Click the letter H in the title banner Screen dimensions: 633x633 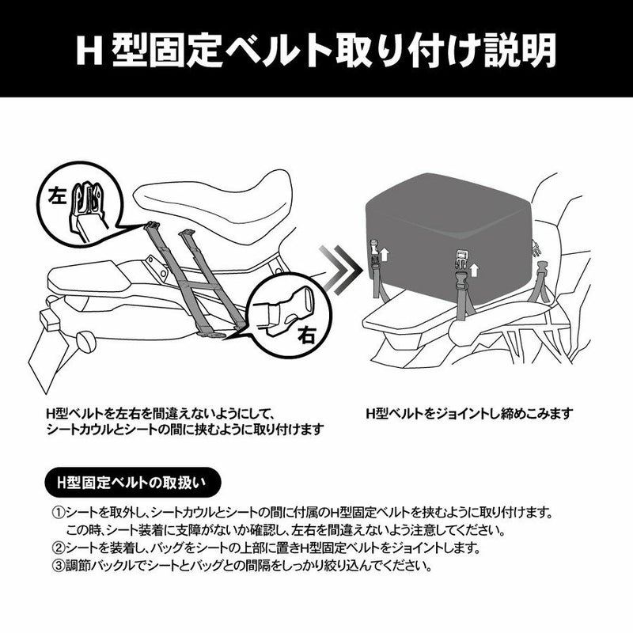(89, 50)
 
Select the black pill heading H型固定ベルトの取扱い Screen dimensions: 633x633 (133, 483)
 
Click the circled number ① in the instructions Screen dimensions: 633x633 (59, 513)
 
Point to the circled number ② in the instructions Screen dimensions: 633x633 (59, 548)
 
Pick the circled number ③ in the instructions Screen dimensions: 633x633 (59, 566)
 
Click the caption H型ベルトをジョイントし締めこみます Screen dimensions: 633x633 (469, 413)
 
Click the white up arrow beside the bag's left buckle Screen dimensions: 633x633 (385, 255)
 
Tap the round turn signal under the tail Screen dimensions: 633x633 (86, 342)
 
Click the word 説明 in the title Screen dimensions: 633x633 (520, 50)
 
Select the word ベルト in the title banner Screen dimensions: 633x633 (279, 51)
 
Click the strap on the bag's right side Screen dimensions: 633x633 (543, 282)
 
